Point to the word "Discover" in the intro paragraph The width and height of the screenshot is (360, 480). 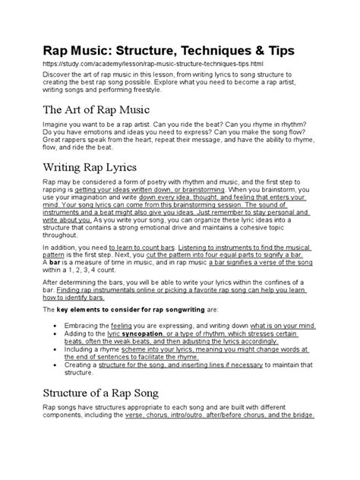[60, 76]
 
